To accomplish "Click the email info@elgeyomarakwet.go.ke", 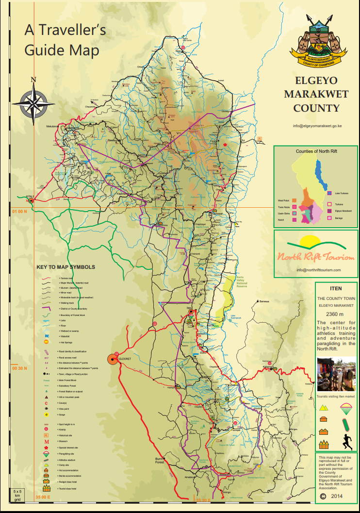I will (x=318, y=126).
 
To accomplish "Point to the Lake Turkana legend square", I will (x=330, y=193).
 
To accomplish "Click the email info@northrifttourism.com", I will (x=318, y=270).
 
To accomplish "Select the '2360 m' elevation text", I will (x=336, y=314).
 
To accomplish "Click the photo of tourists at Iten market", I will (x=336, y=374).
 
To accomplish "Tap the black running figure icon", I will (x=346, y=442).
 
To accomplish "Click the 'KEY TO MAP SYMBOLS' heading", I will (x=65, y=267).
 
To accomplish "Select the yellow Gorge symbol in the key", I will (x=47, y=414).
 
